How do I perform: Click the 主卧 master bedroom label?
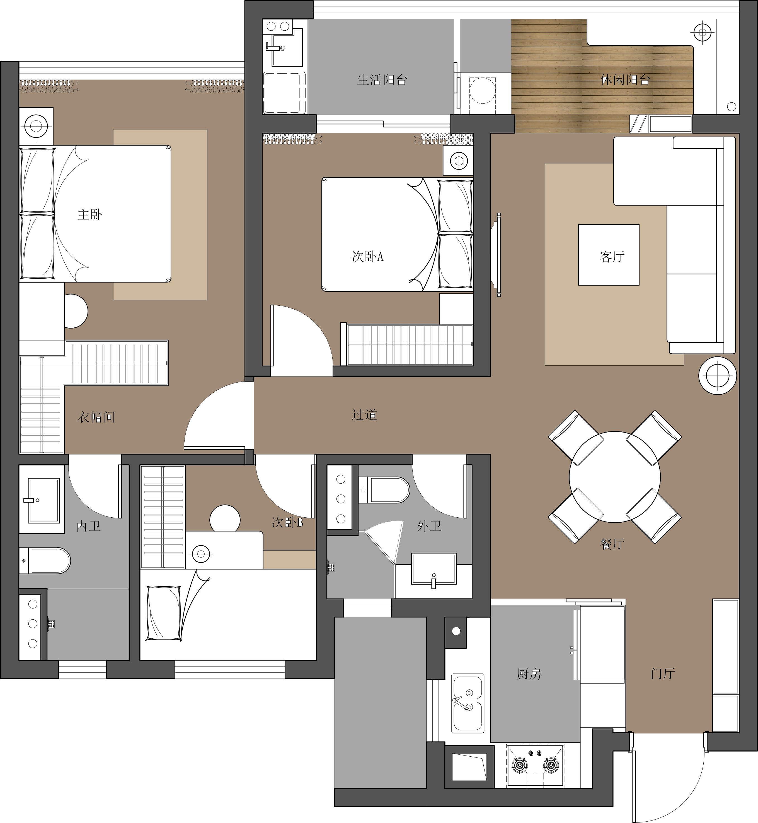(x=90, y=214)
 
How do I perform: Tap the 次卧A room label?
(x=367, y=256)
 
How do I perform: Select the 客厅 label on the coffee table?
(x=612, y=256)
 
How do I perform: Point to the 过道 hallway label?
(x=364, y=414)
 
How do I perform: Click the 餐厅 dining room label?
(x=612, y=544)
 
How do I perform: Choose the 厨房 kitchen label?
(x=529, y=674)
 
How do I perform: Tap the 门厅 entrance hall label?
(x=662, y=673)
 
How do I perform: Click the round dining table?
(x=614, y=477)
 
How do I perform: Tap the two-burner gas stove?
(x=535, y=766)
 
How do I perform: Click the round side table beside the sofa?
(x=717, y=375)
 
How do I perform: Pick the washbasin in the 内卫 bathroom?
(x=43, y=500)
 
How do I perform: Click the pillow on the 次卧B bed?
(x=164, y=613)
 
